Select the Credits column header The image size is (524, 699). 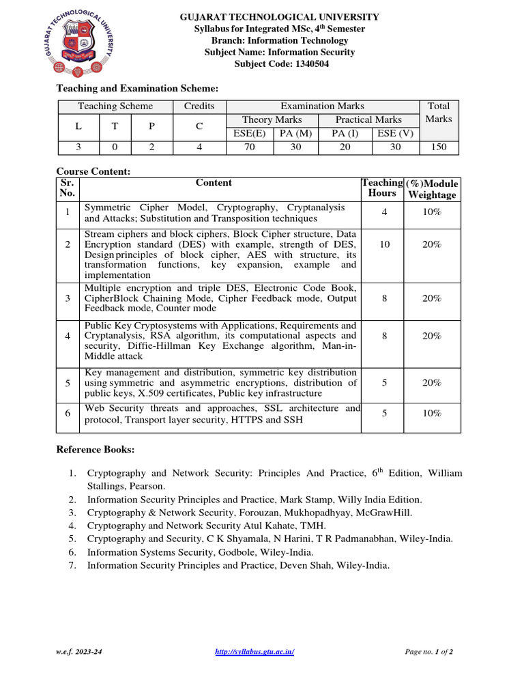[x=199, y=106]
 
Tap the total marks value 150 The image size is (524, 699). [x=438, y=147]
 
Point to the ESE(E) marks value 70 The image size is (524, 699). [x=250, y=147]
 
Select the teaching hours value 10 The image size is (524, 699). [x=385, y=244]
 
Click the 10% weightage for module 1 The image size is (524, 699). [x=431, y=212]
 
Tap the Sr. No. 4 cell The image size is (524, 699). [x=68, y=336]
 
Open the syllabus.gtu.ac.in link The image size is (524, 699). [x=254, y=652]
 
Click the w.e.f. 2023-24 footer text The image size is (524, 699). [x=80, y=652]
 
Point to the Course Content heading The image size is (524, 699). [x=93, y=171]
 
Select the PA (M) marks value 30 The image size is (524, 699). [x=295, y=147]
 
